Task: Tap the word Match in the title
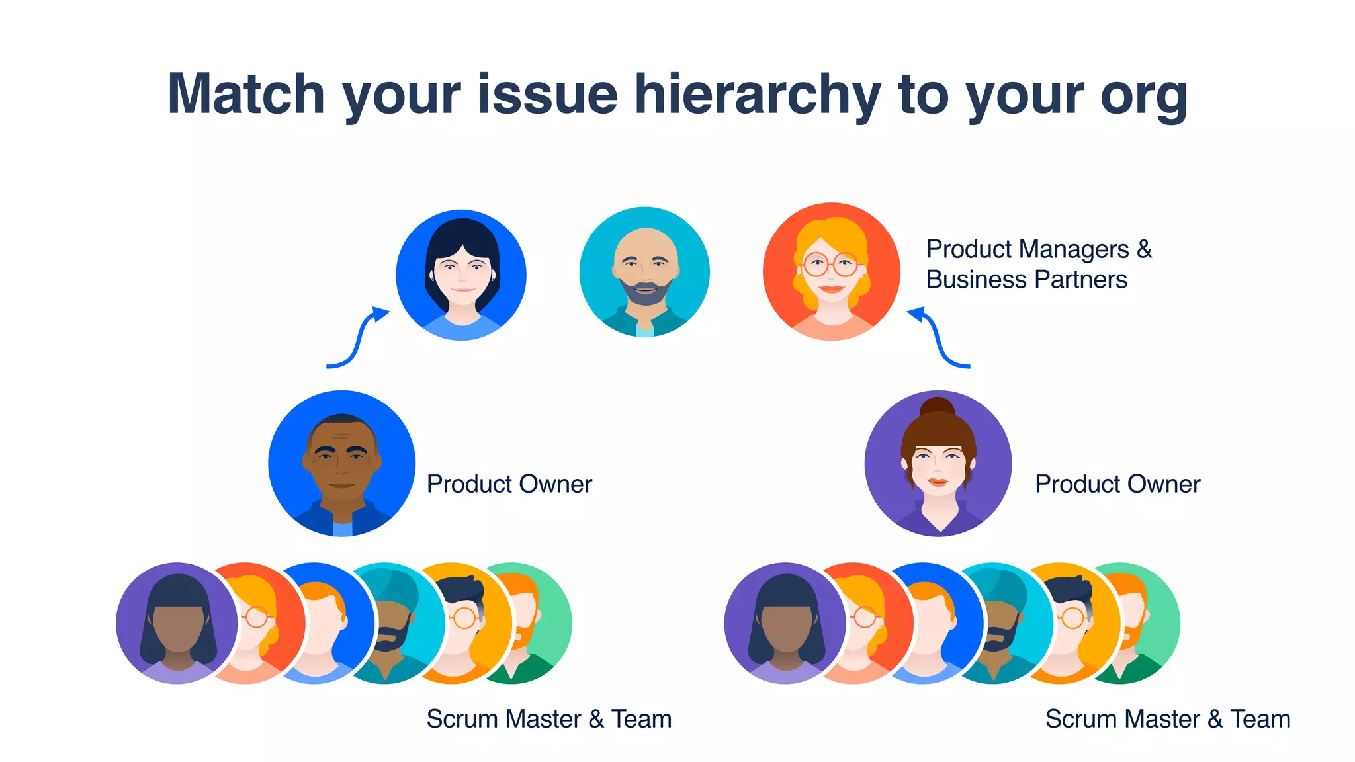[245, 95]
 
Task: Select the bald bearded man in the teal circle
[644, 272]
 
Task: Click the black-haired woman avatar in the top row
[461, 275]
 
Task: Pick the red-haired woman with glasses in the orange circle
[831, 272]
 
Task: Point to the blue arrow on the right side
[938, 337]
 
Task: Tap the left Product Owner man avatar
[341, 464]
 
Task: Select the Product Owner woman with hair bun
[938, 464]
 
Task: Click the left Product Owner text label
[509, 484]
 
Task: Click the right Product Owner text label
[1117, 484]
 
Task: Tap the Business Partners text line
[1026, 280]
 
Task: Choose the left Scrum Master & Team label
[549, 719]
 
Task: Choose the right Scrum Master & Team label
[1168, 719]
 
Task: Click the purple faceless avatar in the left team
[177, 623]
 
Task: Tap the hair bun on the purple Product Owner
[938, 406]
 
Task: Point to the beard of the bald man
[645, 293]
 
